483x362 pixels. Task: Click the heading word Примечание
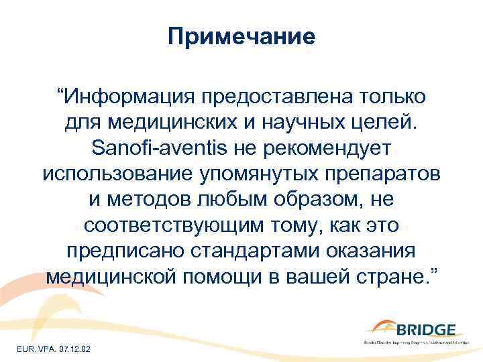click(x=241, y=36)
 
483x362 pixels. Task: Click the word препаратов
click(x=388, y=174)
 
